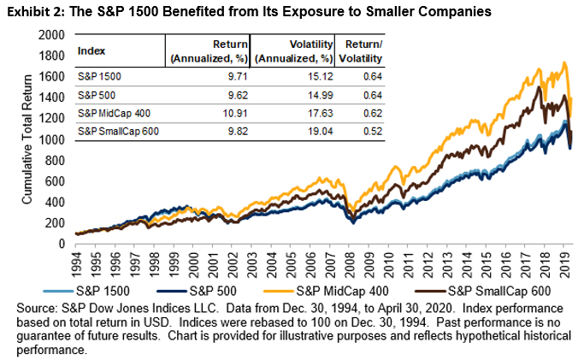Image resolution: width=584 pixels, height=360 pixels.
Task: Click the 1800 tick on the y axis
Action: [x=54, y=56]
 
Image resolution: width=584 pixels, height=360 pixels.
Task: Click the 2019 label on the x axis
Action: [x=563, y=259]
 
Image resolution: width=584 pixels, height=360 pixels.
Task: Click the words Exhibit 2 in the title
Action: [x=35, y=11]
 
